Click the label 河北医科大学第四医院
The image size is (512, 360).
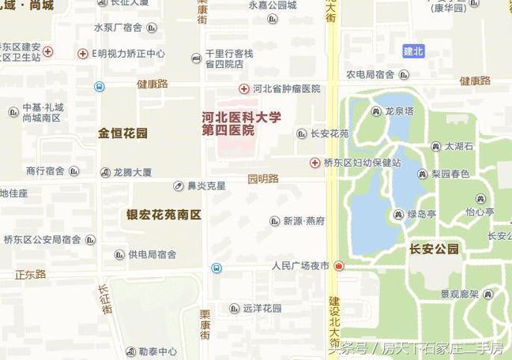[241, 124]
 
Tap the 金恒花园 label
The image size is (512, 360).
[122, 133]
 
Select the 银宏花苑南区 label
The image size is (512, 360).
[164, 215]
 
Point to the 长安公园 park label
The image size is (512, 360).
[434, 249]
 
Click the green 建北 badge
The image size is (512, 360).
[413, 51]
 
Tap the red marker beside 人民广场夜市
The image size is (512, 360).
[339, 267]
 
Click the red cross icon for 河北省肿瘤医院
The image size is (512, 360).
[244, 89]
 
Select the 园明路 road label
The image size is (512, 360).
[263, 179]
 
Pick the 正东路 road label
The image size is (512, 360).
[30, 275]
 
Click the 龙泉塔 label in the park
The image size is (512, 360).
[399, 111]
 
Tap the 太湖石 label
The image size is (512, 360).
[458, 147]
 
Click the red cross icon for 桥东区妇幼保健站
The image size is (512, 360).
[314, 163]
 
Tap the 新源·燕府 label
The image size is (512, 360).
[304, 221]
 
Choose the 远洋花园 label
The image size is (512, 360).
[262, 309]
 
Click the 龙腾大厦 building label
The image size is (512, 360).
[132, 171]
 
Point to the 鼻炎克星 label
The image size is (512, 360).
[205, 186]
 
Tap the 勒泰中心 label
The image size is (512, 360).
[157, 351]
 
